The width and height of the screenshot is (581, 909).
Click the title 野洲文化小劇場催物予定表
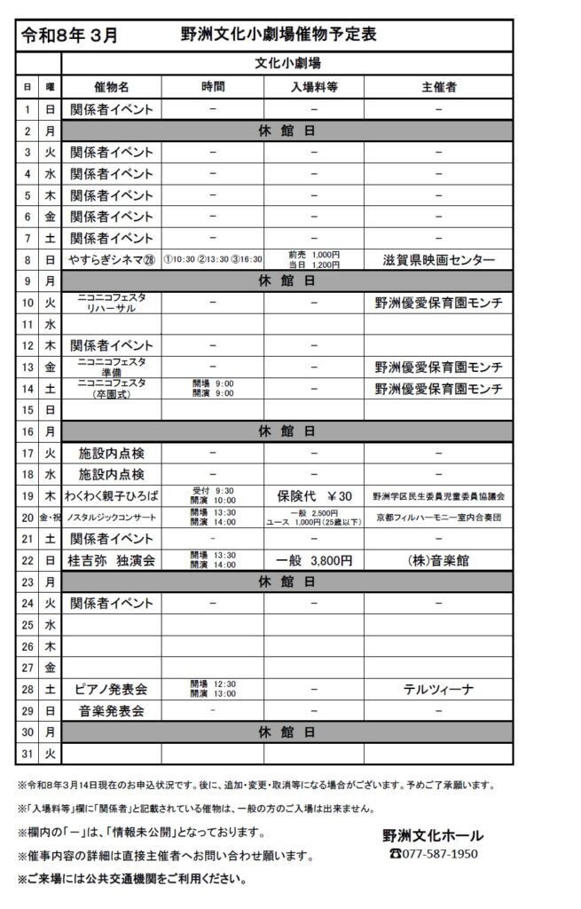point(278,35)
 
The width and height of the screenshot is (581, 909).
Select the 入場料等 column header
point(314,87)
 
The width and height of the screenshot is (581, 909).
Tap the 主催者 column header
point(438,87)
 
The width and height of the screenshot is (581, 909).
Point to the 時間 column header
point(213,87)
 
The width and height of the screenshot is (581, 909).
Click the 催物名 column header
point(112,87)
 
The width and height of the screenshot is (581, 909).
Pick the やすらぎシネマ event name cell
point(112,259)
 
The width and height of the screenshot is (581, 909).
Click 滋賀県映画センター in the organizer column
point(438,259)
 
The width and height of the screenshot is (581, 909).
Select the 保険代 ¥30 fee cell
point(314,495)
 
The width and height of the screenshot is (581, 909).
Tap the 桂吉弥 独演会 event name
point(112,560)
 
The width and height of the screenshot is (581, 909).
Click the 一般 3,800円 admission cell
point(314,560)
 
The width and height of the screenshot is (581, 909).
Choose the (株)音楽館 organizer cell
point(438,560)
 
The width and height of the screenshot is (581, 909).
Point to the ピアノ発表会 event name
point(112,689)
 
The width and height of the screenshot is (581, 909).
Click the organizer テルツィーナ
point(438,689)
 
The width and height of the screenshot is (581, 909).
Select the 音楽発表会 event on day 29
point(112,711)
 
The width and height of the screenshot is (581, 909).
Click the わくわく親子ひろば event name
point(112,495)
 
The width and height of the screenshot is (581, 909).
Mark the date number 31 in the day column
point(27,754)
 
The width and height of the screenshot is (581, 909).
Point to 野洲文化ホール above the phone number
point(433,835)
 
